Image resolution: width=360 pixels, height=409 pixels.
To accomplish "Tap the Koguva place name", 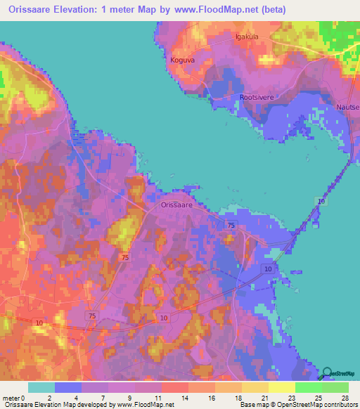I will coord(181,60).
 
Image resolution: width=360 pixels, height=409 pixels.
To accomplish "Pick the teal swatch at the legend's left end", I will coord(41,387).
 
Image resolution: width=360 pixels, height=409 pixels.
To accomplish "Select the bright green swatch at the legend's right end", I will coord(335,387).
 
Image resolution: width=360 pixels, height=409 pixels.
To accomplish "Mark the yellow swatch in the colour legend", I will coord(282,387).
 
